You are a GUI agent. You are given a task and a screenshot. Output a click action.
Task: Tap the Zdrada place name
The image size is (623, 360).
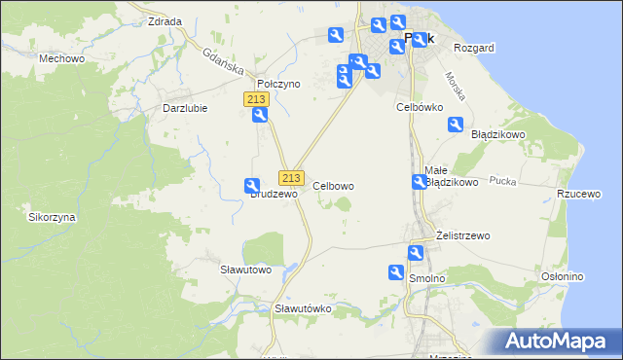(163, 20)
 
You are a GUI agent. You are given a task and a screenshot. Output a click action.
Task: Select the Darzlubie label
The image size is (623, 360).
(185, 108)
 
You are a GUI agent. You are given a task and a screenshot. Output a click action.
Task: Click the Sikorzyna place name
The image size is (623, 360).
(52, 217)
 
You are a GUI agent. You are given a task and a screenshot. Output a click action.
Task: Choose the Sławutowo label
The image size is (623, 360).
(244, 269)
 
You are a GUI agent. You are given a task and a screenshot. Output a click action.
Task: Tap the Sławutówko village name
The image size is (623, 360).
(303, 308)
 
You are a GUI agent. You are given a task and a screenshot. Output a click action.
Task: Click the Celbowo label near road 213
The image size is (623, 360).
(333, 185)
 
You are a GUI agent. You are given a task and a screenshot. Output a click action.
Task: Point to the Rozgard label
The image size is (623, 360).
(474, 48)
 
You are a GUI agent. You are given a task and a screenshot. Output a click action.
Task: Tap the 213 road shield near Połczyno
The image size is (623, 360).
(256, 99)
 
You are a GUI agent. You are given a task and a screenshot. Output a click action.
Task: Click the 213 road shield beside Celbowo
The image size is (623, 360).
(291, 177)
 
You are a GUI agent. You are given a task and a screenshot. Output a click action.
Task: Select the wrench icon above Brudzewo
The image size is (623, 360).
(252, 186)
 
